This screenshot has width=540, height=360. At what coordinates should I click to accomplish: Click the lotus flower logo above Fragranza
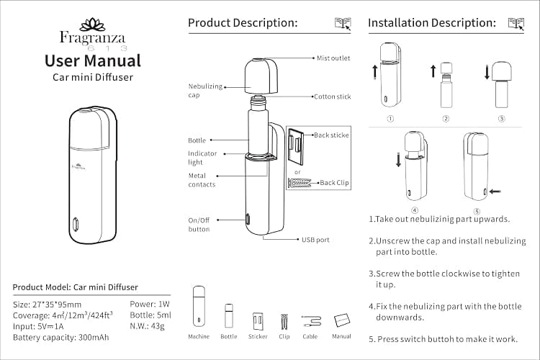coord(92,24)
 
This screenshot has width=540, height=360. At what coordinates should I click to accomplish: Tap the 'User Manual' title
coord(93,60)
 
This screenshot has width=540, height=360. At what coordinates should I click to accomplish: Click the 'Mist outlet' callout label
coord(333,58)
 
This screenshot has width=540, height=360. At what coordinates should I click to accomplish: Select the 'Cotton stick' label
coord(333,96)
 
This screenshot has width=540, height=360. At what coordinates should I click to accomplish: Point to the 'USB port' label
coord(315,240)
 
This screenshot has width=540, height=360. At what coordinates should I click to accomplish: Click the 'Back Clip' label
coord(334,183)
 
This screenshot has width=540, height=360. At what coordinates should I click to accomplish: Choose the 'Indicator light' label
coord(202,158)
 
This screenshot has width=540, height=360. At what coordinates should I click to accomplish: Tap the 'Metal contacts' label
coord(202,180)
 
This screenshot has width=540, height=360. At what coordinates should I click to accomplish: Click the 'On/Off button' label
coord(199,225)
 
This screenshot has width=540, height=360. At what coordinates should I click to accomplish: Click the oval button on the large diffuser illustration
coord(76,224)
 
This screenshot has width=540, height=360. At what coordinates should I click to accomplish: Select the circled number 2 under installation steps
coord(446,119)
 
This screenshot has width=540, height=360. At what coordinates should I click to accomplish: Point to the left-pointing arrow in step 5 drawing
coord(495,192)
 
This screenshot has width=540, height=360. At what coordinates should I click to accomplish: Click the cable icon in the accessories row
coord(311,321)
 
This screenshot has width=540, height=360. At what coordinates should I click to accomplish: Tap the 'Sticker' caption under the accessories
coord(258,336)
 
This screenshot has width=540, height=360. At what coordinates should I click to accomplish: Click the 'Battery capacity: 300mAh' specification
coord(61,338)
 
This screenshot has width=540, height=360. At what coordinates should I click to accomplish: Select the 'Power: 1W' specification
coord(150,304)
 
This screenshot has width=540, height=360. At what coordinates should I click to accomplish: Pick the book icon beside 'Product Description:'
coord(343,24)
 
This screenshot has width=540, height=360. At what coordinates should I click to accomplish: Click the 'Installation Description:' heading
coord(432,23)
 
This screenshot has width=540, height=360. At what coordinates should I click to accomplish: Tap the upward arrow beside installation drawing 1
coord(375,73)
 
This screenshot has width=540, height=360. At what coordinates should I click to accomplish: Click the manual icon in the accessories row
coord(341,320)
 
